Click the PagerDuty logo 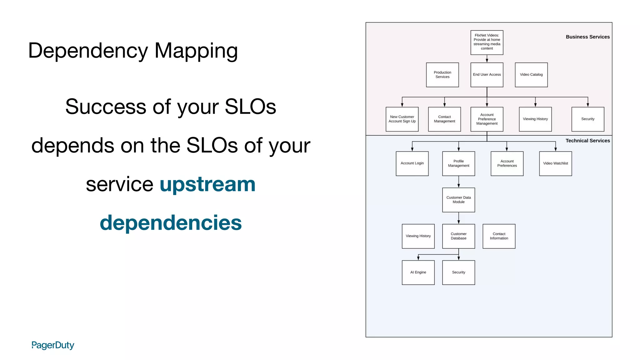click(53, 345)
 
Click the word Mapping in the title click(196, 51)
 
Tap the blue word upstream click(207, 184)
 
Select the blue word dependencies click(171, 223)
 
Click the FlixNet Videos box click(487, 42)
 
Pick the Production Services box click(442, 75)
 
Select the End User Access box click(487, 75)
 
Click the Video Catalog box click(531, 75)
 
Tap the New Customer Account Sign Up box click(402, 119)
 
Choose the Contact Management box click(444, 119)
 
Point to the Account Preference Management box click(487, 119)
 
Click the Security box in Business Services click(587, 119)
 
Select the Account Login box click(412, 163)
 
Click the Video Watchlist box click(555, 163)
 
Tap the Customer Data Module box click(458, 200)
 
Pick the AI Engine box click(418, 272)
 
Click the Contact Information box click(499, 236)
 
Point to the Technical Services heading click(587, 141)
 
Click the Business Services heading click(587, 37)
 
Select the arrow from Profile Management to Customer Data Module click(458, 182)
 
